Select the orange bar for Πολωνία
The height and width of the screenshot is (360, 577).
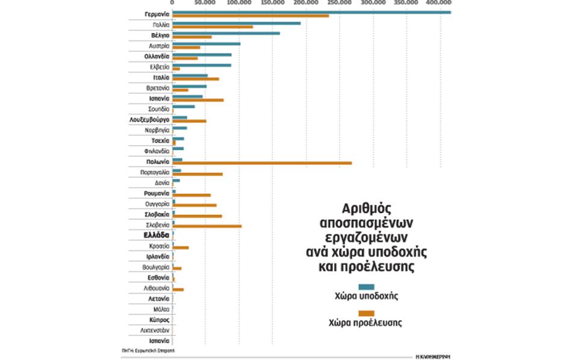click(262, 163)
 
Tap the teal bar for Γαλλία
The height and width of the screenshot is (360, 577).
click(236, 23)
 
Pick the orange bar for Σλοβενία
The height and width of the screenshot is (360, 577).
click(207, 226)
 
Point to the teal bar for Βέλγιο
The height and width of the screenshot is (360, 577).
click(226, 34)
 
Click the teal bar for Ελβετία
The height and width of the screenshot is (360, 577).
click(202, 66)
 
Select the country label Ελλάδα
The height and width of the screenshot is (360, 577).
click(155, 235)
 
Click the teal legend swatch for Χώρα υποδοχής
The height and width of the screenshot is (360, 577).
click(366, 287)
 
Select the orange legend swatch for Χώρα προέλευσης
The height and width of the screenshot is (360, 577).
click(366, 313)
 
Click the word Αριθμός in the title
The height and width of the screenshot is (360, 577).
click(366, 208)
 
